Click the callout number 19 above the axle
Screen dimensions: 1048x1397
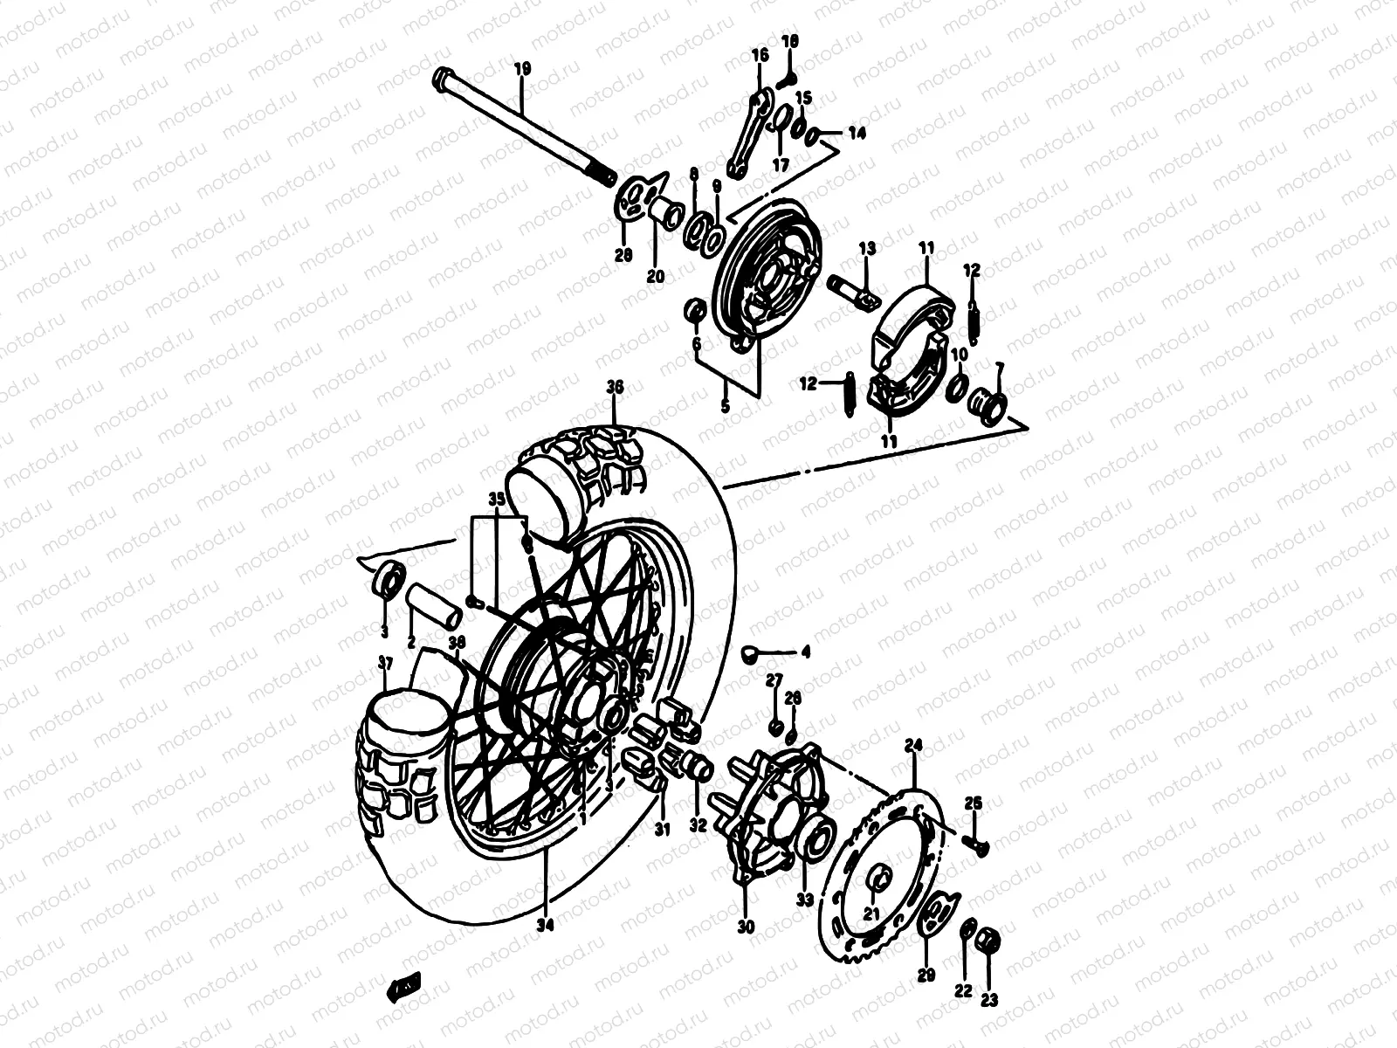pos(522,68)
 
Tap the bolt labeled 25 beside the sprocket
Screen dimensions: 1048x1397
pos(976,843)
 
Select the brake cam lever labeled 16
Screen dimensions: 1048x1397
pos(749,131)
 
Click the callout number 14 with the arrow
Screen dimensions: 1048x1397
pos(857,134)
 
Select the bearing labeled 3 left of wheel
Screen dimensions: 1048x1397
pos(389,578)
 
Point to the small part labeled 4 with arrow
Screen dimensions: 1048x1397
pos(750,652)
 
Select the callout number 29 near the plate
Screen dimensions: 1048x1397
pos(926,976)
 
